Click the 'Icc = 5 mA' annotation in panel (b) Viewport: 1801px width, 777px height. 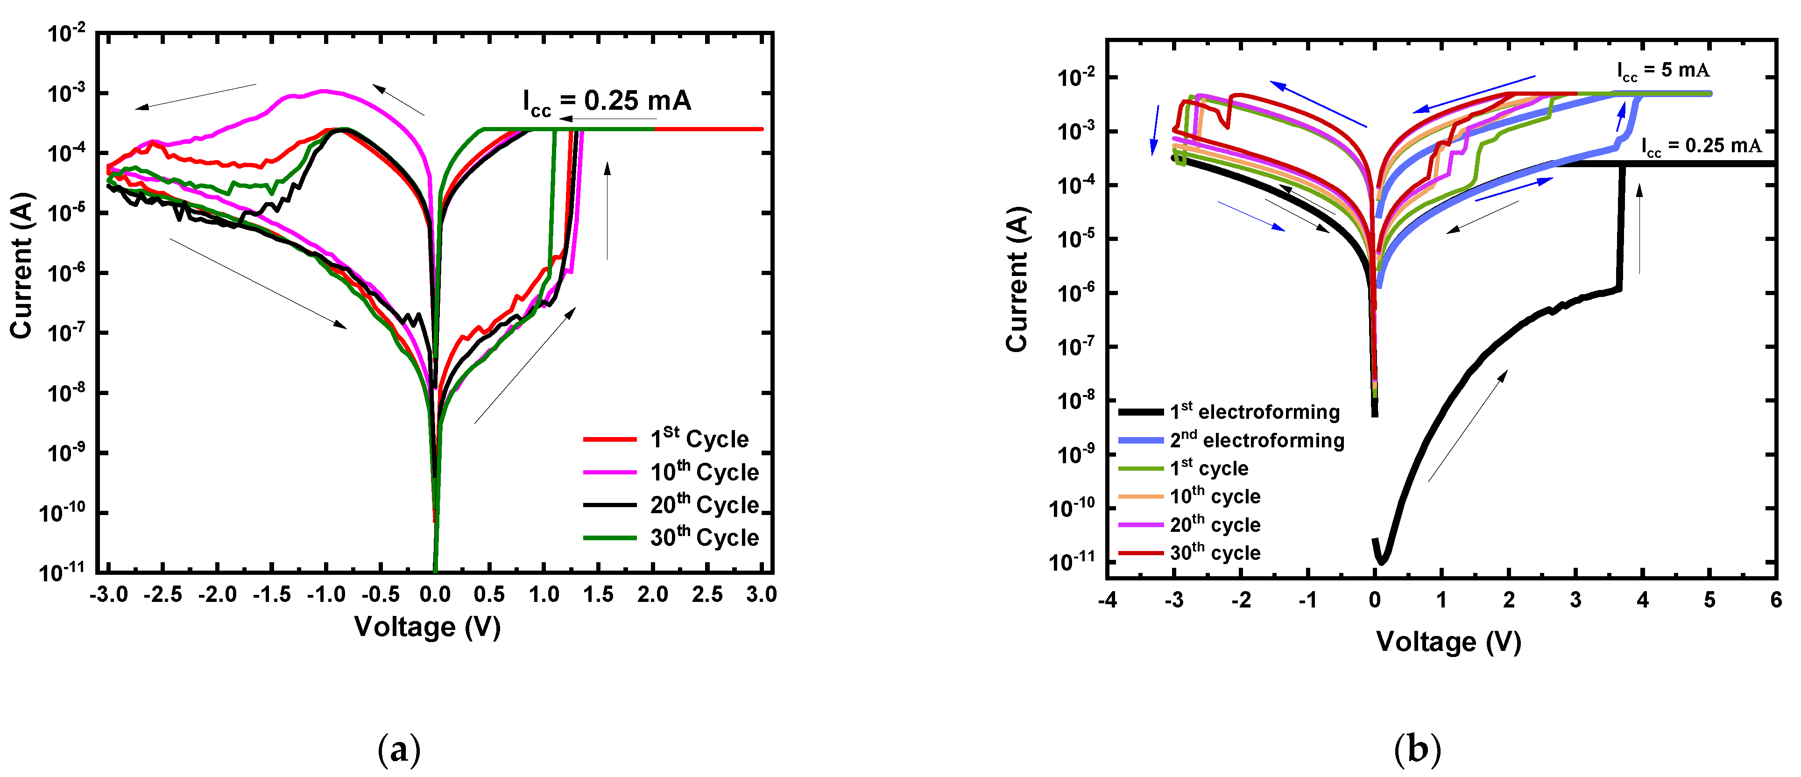pyautogui.click(x=1663, y=71)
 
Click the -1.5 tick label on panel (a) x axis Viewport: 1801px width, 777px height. pyautogui.click(x=271, y=595)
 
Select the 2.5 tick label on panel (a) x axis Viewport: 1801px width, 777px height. pyautogui.click(x=707, y=595)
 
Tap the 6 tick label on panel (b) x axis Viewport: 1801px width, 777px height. pyautogui.click(x=1776, y=600)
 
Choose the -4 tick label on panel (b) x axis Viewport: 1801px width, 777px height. pyautogui.click(x=1107, y=600)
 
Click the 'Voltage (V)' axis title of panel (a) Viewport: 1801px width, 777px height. pyautogui.click(x=427, y=627)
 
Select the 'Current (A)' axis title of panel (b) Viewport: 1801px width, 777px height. pyautogui.click(x=1017, y=280)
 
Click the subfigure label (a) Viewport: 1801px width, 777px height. pyautogui.click(x=398, y=750)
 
